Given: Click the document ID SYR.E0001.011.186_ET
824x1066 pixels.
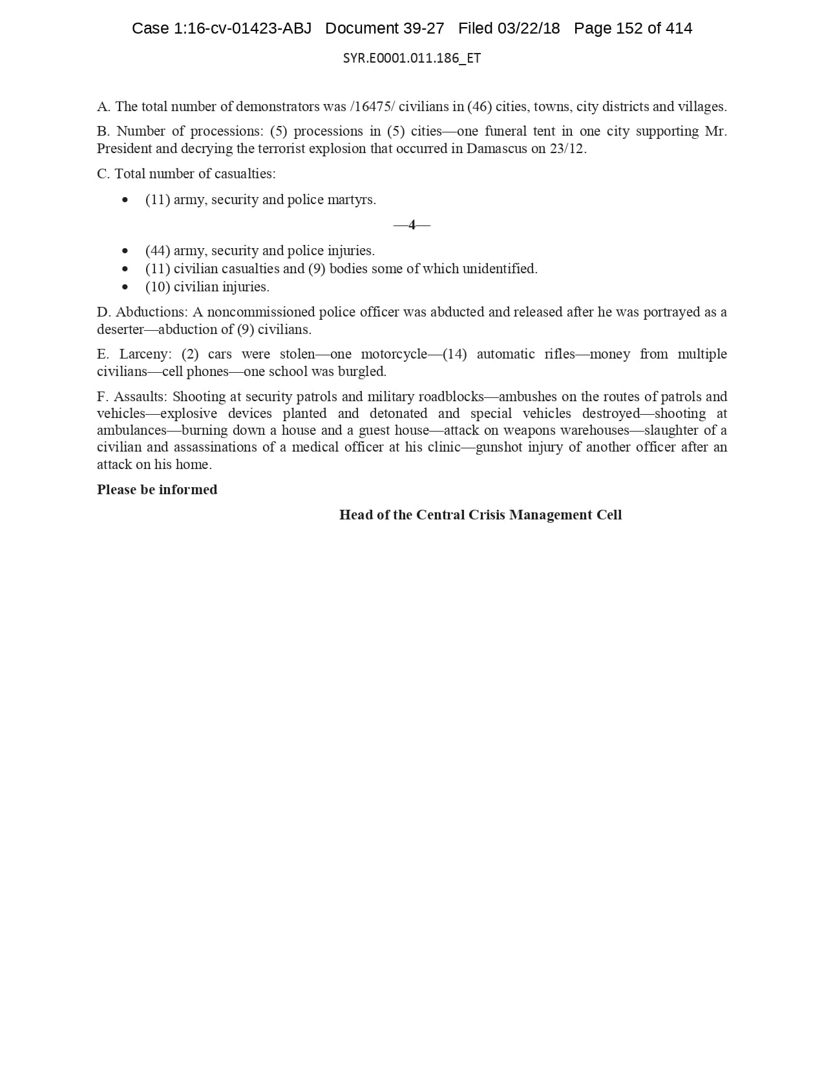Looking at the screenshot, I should point(412,58).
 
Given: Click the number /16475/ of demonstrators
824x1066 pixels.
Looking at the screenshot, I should point(372,107).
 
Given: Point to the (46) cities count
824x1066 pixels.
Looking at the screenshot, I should point(479,107).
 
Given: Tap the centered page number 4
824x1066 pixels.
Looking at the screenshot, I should point(412,225).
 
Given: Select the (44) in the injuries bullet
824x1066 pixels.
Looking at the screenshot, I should point(158,251).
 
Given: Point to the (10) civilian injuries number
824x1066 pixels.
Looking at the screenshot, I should point(158,287).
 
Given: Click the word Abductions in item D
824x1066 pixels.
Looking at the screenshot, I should point(151,312).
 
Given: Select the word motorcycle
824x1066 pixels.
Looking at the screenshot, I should point(394,354).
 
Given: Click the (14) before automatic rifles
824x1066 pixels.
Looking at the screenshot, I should point(455,354).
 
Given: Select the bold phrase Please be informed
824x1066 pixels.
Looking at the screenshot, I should point(157,490).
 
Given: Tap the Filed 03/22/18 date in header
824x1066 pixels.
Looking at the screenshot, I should point(509,28).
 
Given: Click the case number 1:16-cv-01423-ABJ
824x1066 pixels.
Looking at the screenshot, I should point(242,28).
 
